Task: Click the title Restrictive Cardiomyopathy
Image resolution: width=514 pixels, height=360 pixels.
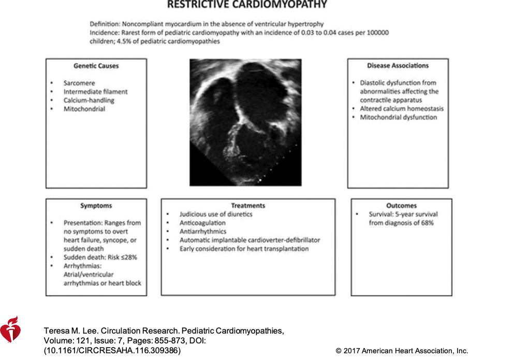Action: click(247, 5)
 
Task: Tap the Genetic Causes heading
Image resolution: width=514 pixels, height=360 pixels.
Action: click(96, 66)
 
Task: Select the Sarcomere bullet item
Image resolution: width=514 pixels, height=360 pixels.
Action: click(79, 83)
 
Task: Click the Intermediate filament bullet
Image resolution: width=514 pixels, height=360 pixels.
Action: click(95, 92)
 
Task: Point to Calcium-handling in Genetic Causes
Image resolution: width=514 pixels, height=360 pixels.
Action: click(89, 100)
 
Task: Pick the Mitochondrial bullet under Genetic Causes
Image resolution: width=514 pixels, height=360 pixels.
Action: click(84, 109)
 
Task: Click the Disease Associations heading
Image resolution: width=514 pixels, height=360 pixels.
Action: click(398, 66)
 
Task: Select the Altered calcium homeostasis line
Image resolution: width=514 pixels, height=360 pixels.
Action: click(402, 109)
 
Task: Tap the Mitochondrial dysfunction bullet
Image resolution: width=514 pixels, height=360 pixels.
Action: click(399, 118)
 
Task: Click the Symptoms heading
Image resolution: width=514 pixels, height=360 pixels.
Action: click(96, 206)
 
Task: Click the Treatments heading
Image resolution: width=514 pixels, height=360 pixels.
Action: click(248, 206)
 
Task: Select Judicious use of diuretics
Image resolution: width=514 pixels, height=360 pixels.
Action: click(216, 214)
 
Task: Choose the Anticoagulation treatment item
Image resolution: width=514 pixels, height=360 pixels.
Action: click(203, 223)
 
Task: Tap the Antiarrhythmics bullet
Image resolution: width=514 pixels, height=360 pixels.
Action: click(203, 232)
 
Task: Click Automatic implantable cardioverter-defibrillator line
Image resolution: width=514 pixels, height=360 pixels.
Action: click(249, 240)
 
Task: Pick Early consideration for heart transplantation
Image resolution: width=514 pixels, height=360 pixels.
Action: click(244, 249)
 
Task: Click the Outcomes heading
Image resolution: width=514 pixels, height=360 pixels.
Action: click(401, 206)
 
